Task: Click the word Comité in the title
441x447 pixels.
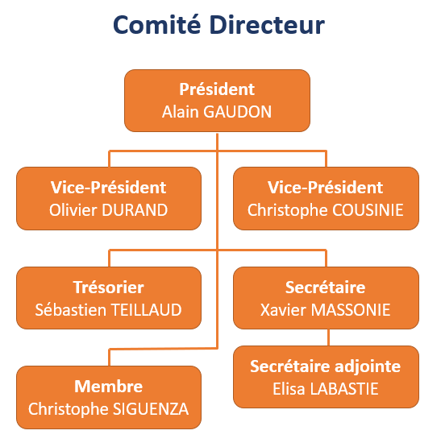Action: [x=156, y=25]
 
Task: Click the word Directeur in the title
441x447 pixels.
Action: [x=267, y=25]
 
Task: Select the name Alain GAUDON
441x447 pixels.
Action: [x=217, y=111]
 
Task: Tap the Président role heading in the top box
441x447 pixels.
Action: [x=217, y=89]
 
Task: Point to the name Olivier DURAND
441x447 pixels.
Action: [x=109, y=210]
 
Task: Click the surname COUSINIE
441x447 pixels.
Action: [x=368, y=210]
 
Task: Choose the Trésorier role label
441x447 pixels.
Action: [x=109, y=287]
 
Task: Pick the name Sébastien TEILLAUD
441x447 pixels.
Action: [x=109, y=310]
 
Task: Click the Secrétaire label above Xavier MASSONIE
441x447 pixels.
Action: [x=326, y=287]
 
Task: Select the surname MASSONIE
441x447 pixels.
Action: [x=351, y=310]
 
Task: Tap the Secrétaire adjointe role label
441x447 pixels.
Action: [x=326, y=366]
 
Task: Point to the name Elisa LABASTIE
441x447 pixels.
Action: [x=326, y=389]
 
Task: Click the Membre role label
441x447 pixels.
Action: [x=109, y=387]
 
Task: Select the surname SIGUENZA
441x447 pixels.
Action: [x=151, y=409]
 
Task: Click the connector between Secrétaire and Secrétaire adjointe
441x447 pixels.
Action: [x=329, y=337]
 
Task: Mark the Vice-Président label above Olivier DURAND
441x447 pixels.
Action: [x=109, y=188]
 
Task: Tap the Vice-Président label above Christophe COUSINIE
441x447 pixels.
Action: [x=326, y=188]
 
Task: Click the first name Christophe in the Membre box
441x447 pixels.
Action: [x=69, y=410]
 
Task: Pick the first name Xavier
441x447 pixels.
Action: [x=284, y=310]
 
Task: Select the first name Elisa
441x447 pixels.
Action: [x=289, y=389]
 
